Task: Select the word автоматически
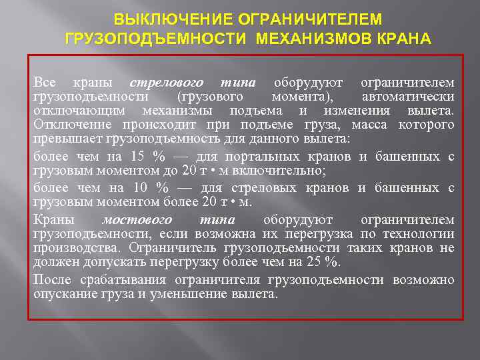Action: [x=408, y=97]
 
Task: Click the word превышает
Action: [x=66, y=139]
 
